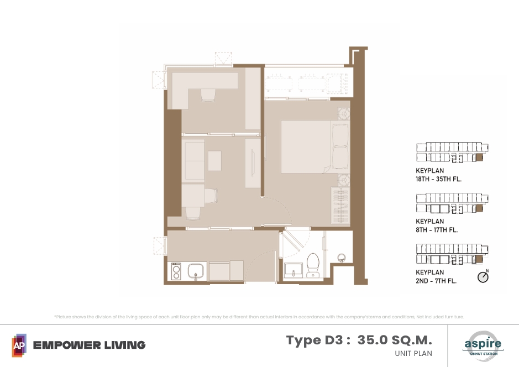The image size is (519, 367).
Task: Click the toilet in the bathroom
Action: coord(313,265)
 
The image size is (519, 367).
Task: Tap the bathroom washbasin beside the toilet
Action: coord(293,270)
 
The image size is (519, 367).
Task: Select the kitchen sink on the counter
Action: coord(196,271)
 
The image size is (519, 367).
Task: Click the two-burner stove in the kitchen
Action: coord(176,271)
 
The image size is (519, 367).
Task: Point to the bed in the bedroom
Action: coord(315,147)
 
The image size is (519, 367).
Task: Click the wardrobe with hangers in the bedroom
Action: coord(340,206)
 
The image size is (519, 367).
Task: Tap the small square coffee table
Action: coord(214,161)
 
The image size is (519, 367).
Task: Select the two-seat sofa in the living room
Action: coord(193,161)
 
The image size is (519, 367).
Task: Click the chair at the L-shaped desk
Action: coord(208,95)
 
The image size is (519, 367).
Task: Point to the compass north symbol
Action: coord(483,277)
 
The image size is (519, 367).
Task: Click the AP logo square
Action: coord(19,345)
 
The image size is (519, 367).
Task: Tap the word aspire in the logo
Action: coord(483,343)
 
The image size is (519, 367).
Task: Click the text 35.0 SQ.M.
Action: coord(395,340)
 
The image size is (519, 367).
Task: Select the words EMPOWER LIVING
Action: coord(90,345)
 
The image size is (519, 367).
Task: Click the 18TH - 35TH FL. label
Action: coord(438,179)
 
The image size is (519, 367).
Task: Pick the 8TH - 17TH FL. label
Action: coord(437,230)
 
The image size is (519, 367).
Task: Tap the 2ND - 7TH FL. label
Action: coord(436,281)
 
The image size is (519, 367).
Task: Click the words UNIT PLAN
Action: coord(413,353)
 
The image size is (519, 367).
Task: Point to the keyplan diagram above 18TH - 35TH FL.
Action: coord(452,152)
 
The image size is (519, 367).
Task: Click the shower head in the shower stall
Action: coord(341,258)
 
